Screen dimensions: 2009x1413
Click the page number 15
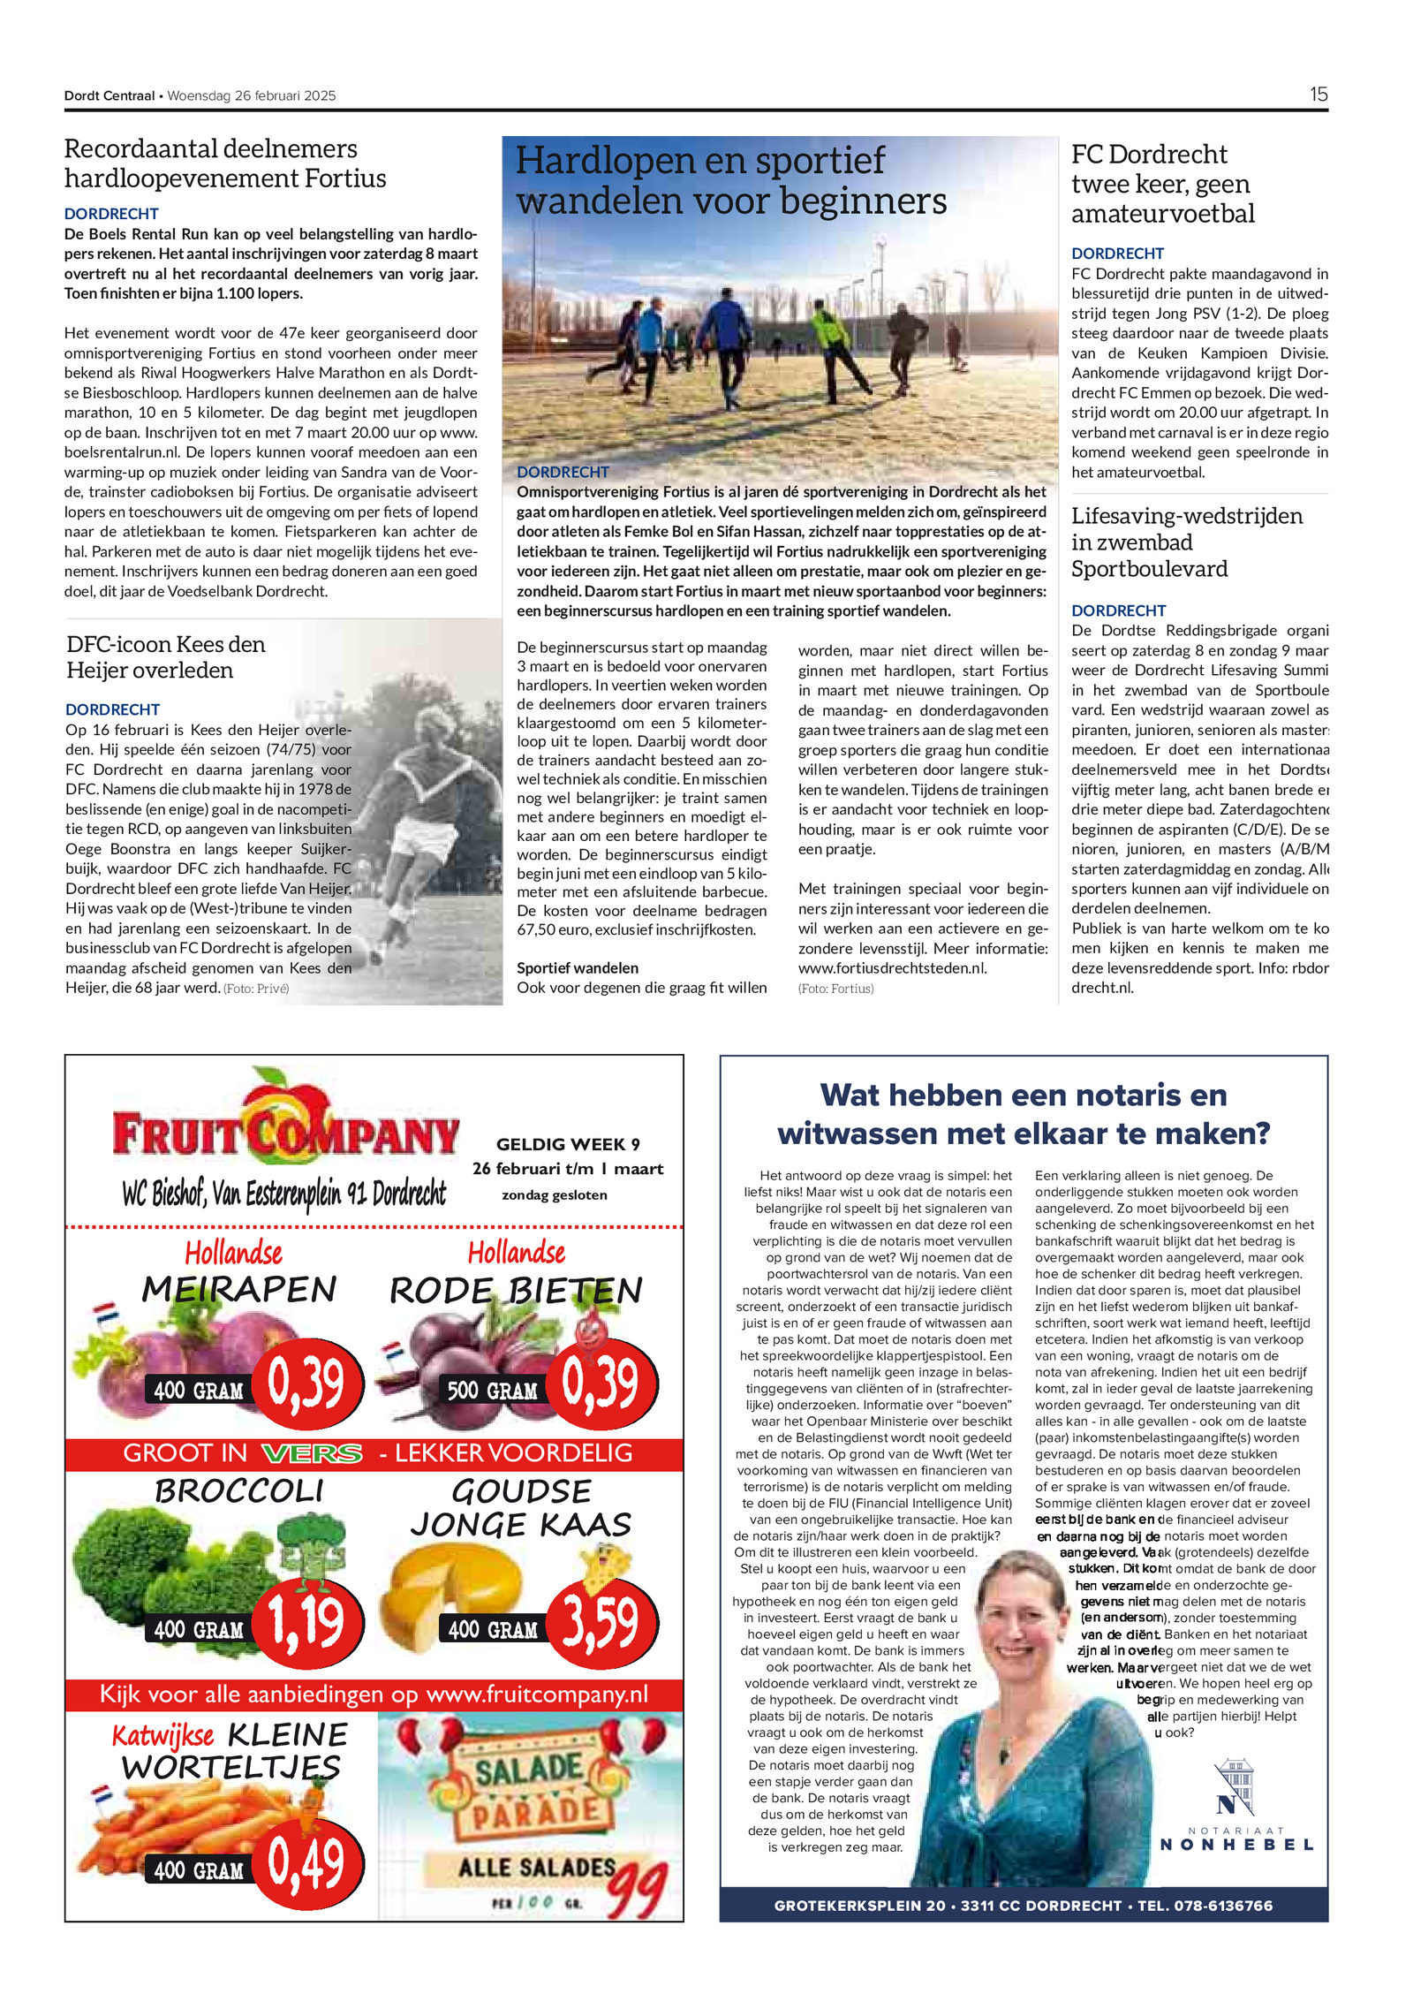(x=1318, y=95)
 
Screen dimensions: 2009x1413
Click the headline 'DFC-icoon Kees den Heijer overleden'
(x=166, y=656)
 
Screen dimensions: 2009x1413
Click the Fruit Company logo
(x=285, y=1126)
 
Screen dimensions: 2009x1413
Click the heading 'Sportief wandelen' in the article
(x=578, y=968)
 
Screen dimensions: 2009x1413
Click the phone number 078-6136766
(x=1223, y=1906)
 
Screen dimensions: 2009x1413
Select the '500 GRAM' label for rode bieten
(x=492, y=1390)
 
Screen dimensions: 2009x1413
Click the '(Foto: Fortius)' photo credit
(x=835, y=989)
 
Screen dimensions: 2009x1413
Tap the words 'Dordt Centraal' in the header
(x=109, y=96)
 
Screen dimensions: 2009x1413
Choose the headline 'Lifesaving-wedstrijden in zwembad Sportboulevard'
(x=1186, y=542)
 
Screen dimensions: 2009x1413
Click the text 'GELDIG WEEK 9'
(x=568, y=1144)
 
